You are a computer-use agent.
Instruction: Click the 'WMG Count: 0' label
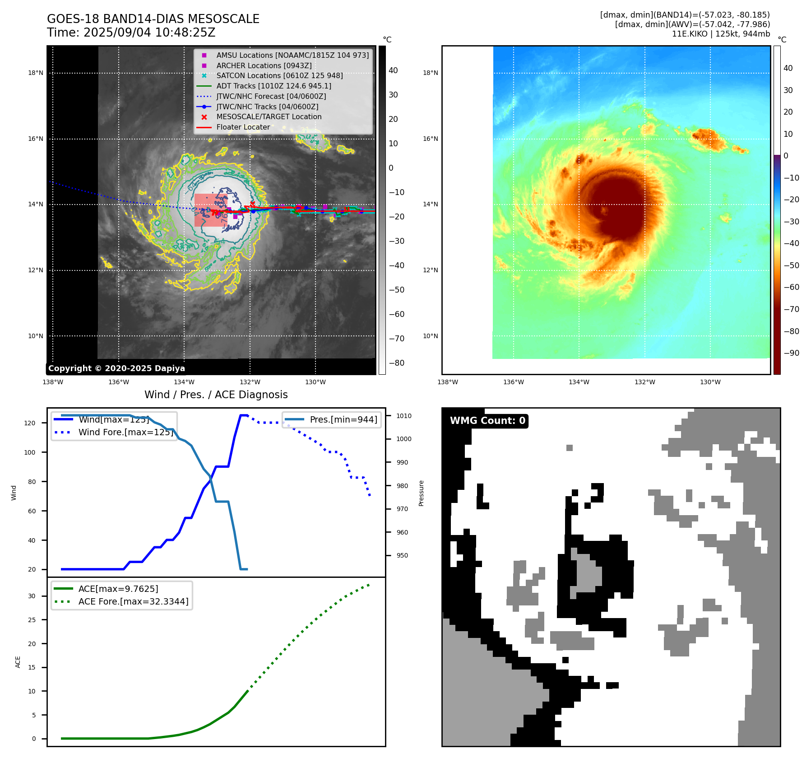(x=487, y=421)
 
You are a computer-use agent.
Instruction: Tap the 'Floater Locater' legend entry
(x=243, y=127)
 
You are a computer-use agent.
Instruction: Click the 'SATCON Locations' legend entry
(x=279, y=76)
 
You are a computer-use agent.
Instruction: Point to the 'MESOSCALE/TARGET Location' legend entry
(x=269, y=117)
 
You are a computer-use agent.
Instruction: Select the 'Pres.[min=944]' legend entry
(x=343, y=420)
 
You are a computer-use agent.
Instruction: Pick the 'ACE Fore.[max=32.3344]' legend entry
(x=133, y=601)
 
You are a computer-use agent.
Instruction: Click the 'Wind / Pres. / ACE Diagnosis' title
(x=216, y=395)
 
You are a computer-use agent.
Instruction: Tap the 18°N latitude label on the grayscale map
(x=36, y=73)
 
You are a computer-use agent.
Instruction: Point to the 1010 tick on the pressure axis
(x=404, y=416)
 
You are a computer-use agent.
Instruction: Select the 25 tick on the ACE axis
(x=32, y=620)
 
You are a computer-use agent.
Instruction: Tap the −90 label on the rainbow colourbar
(x=791, y=353)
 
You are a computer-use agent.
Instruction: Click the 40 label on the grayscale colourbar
(x=393, y=70)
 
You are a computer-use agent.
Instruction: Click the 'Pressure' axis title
(x=421, y=493)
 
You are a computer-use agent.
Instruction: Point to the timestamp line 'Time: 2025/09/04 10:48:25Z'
(x=131, y=33)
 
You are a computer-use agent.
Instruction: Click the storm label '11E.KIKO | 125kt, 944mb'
(x=721, y=34)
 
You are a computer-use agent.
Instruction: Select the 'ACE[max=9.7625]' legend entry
(x=118, y=589)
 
